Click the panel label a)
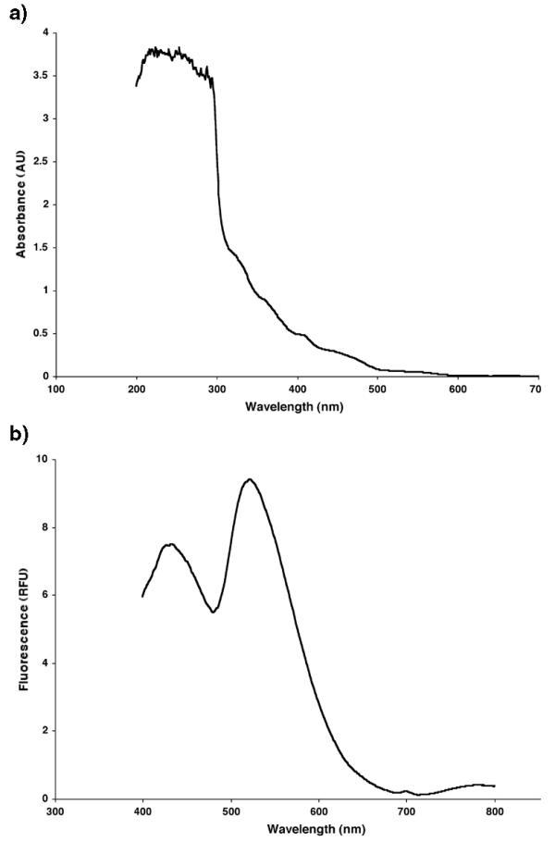coord(16,14)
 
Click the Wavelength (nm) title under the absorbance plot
coord(297,406)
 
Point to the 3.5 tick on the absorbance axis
coord(37,76)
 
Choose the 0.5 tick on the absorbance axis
coord(37,334)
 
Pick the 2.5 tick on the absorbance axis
coord(37,162)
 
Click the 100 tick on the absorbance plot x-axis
coord(56,390)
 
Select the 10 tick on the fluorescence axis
coord(40,460)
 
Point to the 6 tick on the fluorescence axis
coord(43,595)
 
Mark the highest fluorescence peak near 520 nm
coord(249,479)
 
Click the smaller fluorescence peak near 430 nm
coord(169,544)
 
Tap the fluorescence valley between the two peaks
coord(213,612)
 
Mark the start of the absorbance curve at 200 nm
coord(136,85)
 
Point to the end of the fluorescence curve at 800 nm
coord(495,786)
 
